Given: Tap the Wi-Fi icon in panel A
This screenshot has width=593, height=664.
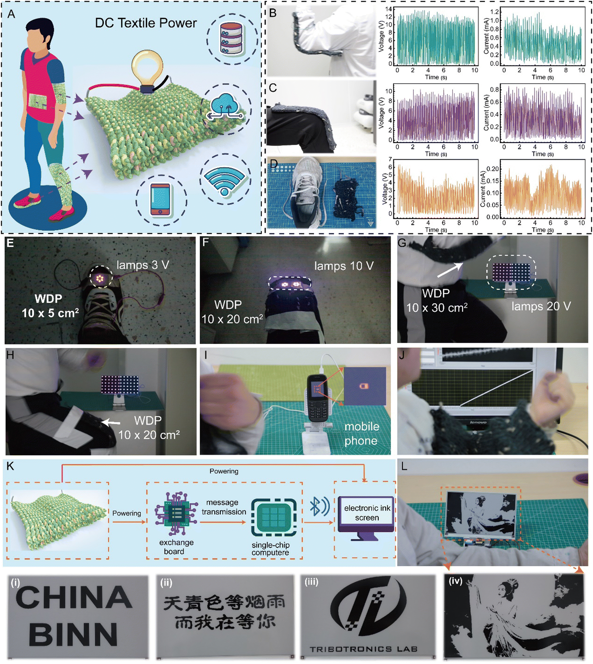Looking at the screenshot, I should [x=224, y=180].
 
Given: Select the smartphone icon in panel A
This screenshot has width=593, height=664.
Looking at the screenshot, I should [x=161, y=200].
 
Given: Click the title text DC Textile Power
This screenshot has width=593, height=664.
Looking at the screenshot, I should [x=146, y=23].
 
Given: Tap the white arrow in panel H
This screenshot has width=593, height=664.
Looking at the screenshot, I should [x=111, y=423].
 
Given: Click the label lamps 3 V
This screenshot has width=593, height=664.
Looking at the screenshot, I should [x=142, y=265].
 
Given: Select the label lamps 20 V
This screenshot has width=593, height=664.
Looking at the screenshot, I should [x=541, y=306].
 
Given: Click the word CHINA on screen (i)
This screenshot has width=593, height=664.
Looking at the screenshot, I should [x=74, y=596].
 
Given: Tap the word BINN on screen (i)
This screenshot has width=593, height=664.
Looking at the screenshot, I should [x=73, y=634].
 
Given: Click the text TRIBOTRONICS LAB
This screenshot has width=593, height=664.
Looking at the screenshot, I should [x=363, y=649].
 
